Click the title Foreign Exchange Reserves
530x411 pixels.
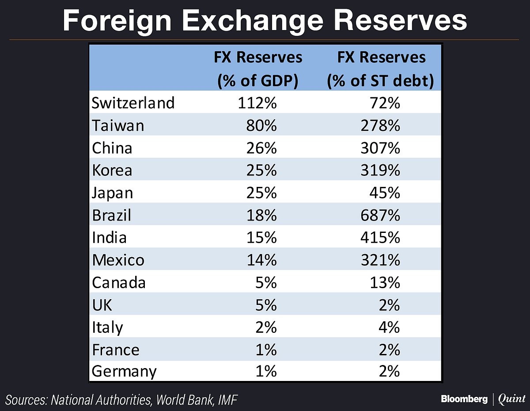265,20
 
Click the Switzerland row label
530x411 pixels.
133,103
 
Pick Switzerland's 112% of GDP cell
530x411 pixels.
258,103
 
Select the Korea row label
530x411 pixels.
112,171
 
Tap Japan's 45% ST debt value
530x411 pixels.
387,193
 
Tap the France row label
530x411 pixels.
116,350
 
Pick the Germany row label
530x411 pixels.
124,372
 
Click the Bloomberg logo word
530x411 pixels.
464,399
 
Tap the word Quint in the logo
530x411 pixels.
511,399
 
